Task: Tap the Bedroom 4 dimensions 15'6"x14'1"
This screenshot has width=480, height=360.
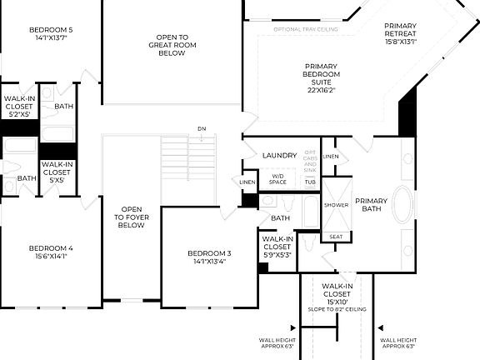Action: (x=51, y=257)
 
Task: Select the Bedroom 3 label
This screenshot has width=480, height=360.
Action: (x=208, y=253)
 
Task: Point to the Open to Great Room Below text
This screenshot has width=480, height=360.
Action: (x=172, y=45)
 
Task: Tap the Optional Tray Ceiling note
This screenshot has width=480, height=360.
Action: (x=305, y=30)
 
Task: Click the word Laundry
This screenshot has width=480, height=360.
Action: (x=279, y=156)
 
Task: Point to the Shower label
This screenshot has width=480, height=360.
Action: (x=336, y=205)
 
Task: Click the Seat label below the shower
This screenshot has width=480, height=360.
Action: (x=335, y=237)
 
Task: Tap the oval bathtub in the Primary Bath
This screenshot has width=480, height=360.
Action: (x=402, y=204)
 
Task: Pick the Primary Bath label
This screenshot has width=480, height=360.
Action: (x=371, y=205)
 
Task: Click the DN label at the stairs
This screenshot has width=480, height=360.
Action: (x=201, y=128)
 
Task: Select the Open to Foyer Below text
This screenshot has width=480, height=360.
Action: (x=132, y=217)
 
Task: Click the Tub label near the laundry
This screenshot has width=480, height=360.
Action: (x=309, y=182)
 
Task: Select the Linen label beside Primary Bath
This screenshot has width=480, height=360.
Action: (x=331, y=156)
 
